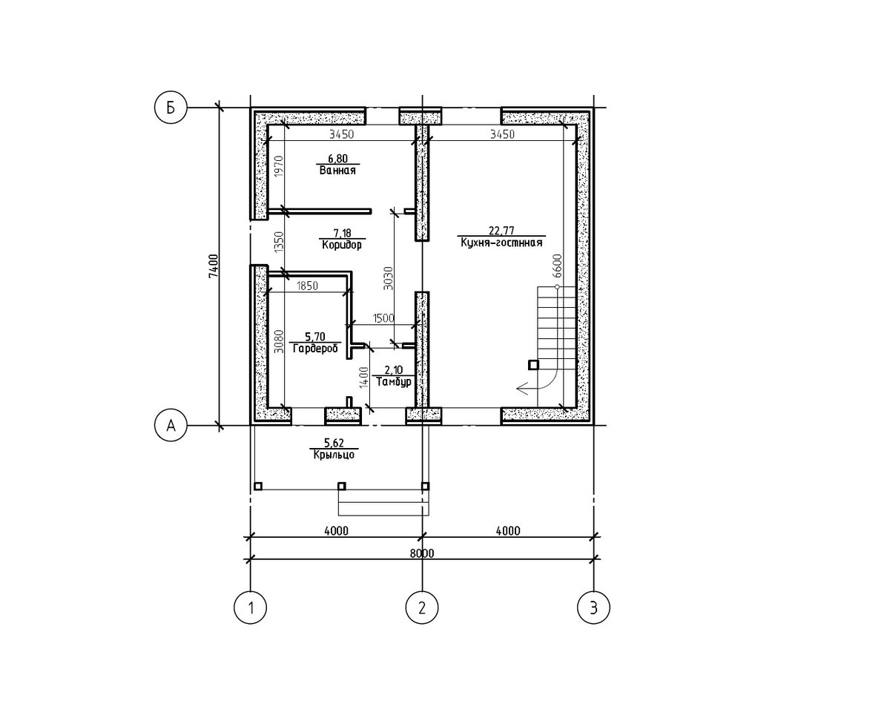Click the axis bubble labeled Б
click(171, 108)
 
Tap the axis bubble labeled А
click(171, 425)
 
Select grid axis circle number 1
click(250, 607)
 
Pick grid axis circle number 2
click(422, 607)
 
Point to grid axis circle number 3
click(593, 607)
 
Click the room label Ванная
click(337, 171)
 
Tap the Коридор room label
click(342, 245)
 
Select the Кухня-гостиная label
click(501, 243)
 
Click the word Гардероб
click(315, 349)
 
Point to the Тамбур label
click(394, 382)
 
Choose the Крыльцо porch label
click(334, 455)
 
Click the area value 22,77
click(501, 231)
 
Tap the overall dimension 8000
click(422, 553)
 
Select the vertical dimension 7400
click(213, 266)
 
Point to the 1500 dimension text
click(383, 318)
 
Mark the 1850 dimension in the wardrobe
click(307, 286)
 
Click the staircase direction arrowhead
click(522, 389)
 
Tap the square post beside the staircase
click(533, 365)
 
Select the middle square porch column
click(342, 486)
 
